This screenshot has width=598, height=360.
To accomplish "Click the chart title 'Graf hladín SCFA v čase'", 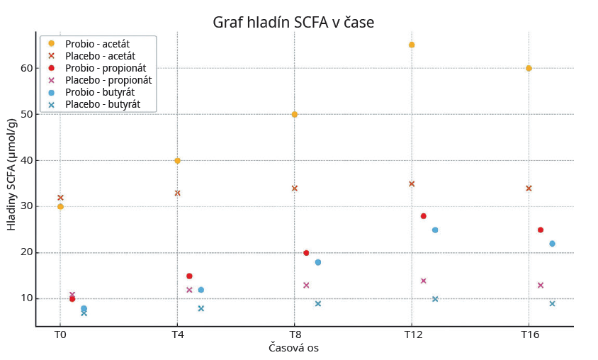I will point(293,23).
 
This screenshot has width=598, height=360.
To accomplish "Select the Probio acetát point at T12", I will point(412,45).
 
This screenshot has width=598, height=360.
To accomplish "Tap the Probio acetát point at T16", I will point(529,68).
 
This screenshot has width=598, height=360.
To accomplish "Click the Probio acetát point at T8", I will point(294,114).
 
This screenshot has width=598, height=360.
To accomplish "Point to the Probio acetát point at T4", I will point(177,161).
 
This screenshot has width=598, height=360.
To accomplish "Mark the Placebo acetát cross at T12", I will point(412,184).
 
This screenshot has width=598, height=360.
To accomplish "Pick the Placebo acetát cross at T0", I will point(60,198).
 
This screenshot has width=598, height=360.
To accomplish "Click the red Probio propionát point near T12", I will point(423,216).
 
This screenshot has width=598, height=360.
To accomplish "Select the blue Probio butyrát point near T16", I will point(552,244).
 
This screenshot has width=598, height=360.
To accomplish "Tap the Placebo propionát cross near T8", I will point(306,285).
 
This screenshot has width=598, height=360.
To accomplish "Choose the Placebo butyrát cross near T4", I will point(201,308).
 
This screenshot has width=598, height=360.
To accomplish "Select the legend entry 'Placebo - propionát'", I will point(108,80).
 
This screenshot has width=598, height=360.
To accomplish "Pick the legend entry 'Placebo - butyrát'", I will point(102,104).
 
